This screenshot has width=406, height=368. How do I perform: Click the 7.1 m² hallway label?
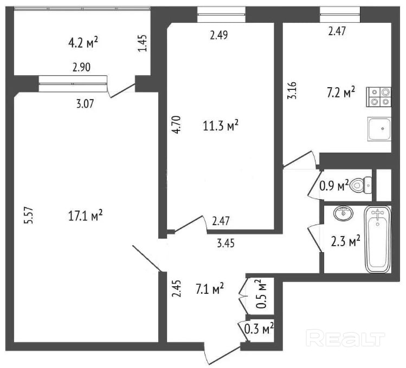tap(210, 290)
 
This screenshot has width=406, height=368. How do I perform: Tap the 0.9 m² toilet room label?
tap(334, 187)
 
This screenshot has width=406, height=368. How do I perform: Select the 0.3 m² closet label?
tap(259, 327)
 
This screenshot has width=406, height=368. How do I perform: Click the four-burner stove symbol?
tap(379, 96)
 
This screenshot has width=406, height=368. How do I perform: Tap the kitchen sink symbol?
tap(379, 129)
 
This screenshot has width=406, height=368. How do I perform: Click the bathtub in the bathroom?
tap(378, 239)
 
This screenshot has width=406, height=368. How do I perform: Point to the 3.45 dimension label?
tap(225, 244)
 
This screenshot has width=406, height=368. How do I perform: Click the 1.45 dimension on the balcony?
tap(142, 43)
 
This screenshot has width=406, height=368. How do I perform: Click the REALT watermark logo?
tap(345, 339)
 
